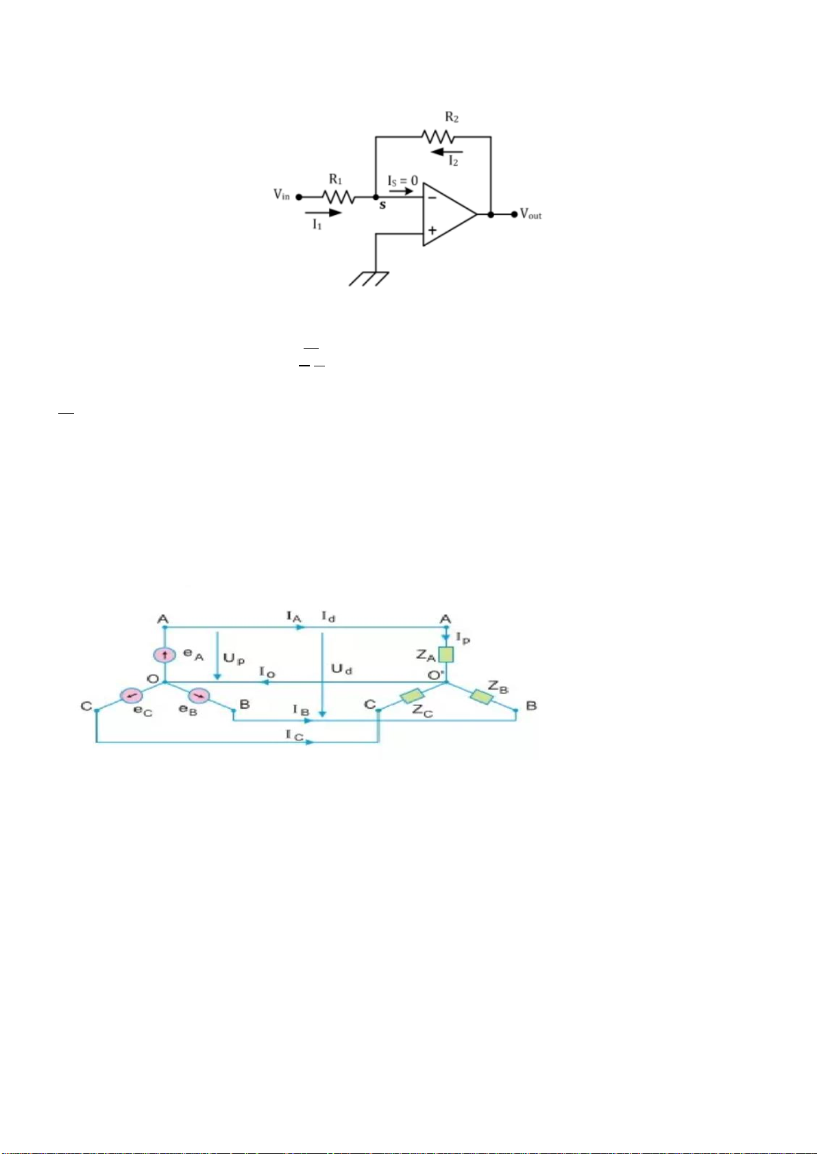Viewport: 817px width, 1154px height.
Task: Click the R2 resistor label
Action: pyautogui.click(x=452, y=118)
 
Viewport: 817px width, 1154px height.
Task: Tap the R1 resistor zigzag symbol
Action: pyautogui.click(x=338, y=197)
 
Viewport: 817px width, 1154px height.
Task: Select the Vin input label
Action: pyautogui.click(x=282, y=195)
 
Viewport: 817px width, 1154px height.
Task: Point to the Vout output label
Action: pyautogui.click(x=531, y=214)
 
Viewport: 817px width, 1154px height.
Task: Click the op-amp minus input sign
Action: pyautogui.click(x=432, y=197)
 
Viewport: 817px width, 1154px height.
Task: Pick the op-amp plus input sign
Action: pyautogui.click(x=432, y=230)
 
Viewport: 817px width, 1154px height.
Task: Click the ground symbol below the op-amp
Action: pyautogui.click(x=369, y=278)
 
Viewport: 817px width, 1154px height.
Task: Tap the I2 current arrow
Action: pyautogui.click(x=446, y=152)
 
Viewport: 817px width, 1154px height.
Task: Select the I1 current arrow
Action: pyautogui.click(x=324, y=212)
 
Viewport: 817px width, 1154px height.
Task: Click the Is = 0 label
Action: pyautogui.click(x=402, y=181)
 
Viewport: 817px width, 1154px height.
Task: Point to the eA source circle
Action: pyautogui.click(x=165, y=655)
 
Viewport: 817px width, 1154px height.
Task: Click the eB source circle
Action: pyautogui.click(x=199, y=696)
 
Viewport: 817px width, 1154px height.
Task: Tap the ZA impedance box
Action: pyautogui.click(x=446, y=654)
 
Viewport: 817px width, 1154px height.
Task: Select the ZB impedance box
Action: pyautogui.click(x=481, y=697)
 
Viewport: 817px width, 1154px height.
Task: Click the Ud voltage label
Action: pyautogui.click(x=342, y=669)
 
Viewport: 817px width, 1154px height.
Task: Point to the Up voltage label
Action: pyautogui.click(x=234, y=659)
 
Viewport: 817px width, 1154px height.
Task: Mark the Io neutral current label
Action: pyautogui.click(x=267, y=673)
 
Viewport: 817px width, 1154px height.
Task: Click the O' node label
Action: pyautogui.click(x=436, y=675)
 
